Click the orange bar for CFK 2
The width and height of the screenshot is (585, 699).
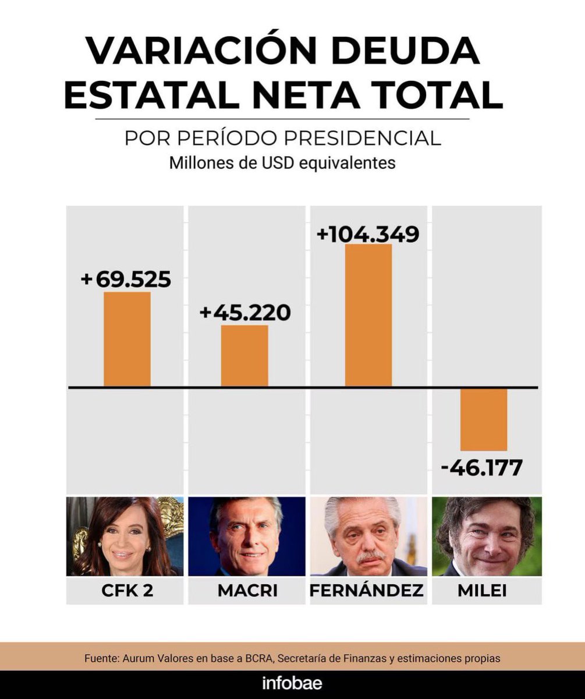coord(127,339)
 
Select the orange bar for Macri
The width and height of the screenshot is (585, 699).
coord(244,356)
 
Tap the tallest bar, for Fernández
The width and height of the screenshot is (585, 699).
coord(368,315)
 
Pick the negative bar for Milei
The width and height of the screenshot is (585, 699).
coord(484,419)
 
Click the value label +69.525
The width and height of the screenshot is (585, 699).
coord(126,280)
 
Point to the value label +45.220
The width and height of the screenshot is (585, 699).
coord(244,313)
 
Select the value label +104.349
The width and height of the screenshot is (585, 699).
coord(367,234)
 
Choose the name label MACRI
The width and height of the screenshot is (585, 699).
coord(247,590)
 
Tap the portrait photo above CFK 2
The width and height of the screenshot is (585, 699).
coord(125,536)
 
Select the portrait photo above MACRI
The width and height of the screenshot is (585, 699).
coord(247,536)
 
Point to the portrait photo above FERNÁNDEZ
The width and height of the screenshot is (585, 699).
coord(368,536)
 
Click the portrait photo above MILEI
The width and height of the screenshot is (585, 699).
coord(487,536)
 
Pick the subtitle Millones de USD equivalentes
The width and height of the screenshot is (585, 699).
coord(282,163)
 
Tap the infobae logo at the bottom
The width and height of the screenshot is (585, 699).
coord(292,683)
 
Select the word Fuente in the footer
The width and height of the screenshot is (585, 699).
coord(101,658)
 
